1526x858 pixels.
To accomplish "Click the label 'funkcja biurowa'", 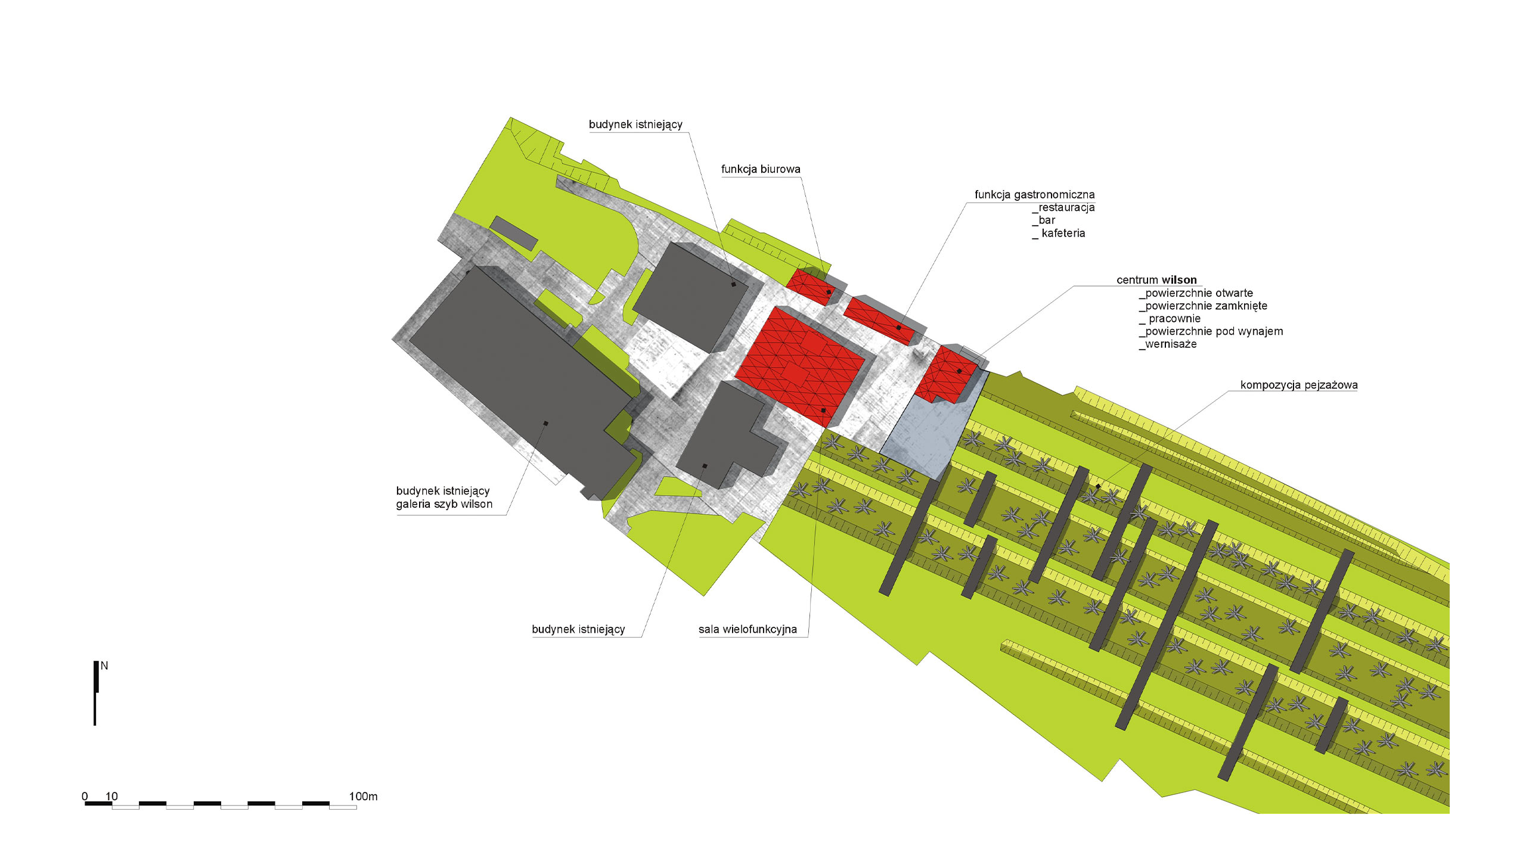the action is pos(761,169).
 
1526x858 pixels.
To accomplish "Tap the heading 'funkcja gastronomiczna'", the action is pos(1034,195).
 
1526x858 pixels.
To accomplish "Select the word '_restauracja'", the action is pos(1063,207).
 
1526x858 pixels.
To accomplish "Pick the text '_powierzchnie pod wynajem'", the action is pos(1211,331).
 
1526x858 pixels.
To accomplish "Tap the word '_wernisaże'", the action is pos(1168,344).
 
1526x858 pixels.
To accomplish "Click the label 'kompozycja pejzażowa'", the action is pos(1299,385).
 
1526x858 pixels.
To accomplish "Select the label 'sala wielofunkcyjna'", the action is pos(748,629).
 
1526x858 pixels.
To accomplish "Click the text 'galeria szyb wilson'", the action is pos(444,504).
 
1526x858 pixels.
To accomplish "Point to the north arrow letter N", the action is pos(104,666).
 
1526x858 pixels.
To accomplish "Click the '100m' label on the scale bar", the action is pos(363,796).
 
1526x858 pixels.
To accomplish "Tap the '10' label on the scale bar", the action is pos(111,796).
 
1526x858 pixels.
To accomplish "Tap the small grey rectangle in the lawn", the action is pos(513,233).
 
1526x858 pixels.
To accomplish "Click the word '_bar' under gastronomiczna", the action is pos(1043,220).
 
